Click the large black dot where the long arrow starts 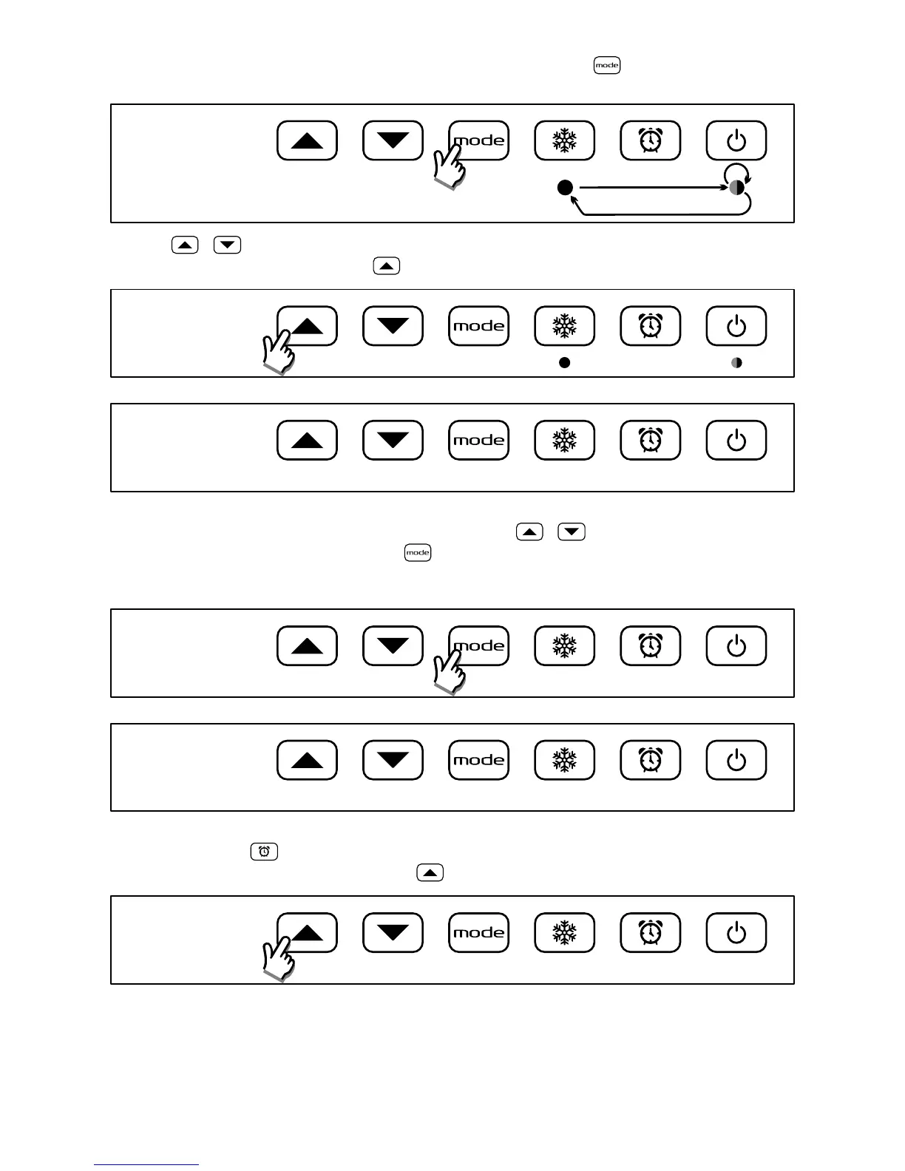tap(565, 188)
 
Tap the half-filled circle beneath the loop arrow tap(736, 188)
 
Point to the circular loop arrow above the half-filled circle tap(736, 172)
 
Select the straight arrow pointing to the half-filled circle tap(651, 188)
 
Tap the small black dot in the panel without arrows tap(565, 363)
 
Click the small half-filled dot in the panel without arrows tap(736, 363)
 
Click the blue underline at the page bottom tap(146, 1165)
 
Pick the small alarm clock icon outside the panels tap(264, 852)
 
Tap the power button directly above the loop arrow tap(736, 140)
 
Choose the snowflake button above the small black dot tap(565, 326)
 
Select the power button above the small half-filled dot tap(736, 326)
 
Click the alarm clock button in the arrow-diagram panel tap(651, 140)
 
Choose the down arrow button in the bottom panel tap(393, 933)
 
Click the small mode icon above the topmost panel tap(606, 65)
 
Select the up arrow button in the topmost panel tap(307, 140)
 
